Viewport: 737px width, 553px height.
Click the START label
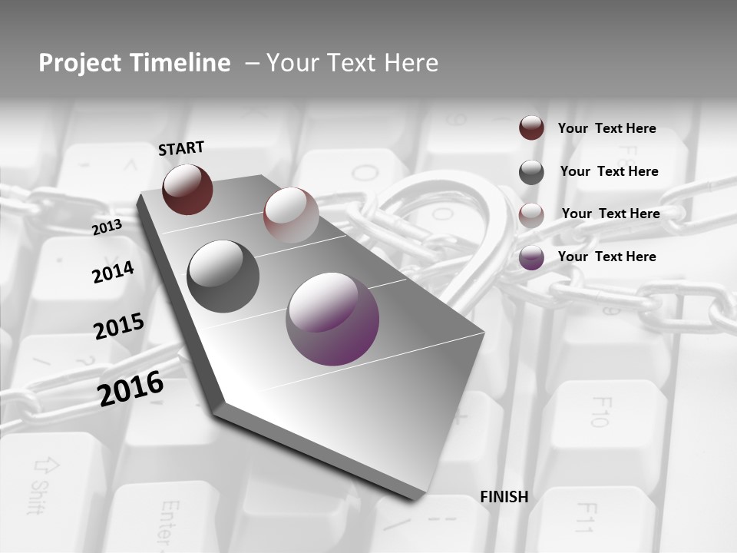[181, 148]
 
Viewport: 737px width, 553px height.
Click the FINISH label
[504, 497]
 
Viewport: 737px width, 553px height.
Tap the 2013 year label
[107, 227]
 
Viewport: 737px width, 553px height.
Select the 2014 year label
[113, 272]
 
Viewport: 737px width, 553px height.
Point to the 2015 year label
[119, 326]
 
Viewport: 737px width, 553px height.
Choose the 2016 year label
[131, 388]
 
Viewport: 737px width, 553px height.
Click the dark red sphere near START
[187, 189]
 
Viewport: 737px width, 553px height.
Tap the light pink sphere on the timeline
[291, 215]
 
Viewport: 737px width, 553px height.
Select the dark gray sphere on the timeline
[223, 276]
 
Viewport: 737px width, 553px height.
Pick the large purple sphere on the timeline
[332, 319]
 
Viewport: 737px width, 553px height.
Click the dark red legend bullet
[531, 127]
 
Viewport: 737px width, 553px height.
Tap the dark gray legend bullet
[531, 171]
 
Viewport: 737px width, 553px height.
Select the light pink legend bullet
[531, 214]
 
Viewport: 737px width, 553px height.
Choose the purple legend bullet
[531, 257]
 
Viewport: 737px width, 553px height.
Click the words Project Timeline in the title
[134, 63]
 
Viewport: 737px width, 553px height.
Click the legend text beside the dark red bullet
[606, 128]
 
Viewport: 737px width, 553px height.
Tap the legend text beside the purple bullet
[606, 257]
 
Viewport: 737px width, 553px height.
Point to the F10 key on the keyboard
[600, 411]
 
